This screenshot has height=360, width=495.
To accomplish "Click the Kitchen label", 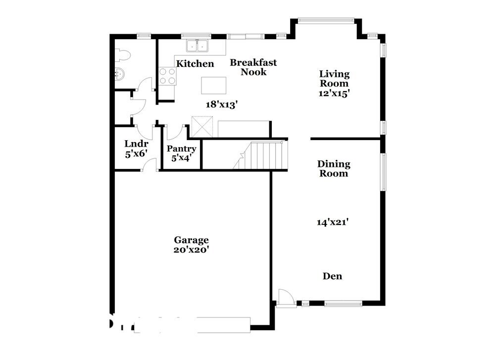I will pyautogui.click(x=196, y=64).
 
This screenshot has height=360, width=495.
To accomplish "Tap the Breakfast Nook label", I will pyautogui.click(x=253, y=67).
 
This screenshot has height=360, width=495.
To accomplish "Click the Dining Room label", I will pyautogui.click(x=334, y=168).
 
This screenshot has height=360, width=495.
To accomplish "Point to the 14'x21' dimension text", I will pyautogui.click(x=334, y=223).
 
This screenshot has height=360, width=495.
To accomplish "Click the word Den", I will pyautogui.click(x=332, y=276).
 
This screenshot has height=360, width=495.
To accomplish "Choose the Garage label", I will pyautogui.click(x=191, y=240).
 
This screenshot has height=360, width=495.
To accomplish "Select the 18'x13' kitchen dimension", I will pyautogui.click(x=222, y=104).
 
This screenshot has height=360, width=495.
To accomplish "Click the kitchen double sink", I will pyautogui.click(x=198, y=46).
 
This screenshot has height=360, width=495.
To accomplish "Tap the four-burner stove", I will pyautogui.click(x=167, y=76).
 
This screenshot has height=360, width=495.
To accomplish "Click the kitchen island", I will pyautogui.click(x=214, y=85).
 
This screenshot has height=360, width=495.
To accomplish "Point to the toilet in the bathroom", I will pyautogui.click(x=122, y=55).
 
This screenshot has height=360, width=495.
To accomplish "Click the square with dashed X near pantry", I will pyautogui.click(x=202, y=127).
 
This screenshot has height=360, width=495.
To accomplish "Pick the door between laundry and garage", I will pyautogui.click(x=149, y=165).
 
